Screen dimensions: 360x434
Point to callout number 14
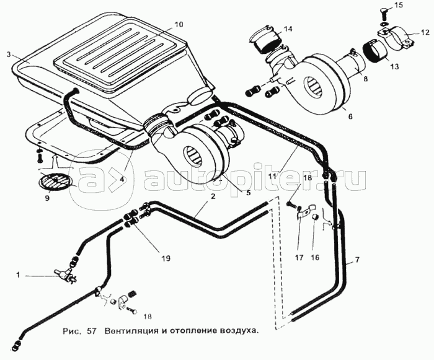[x=288, y=29]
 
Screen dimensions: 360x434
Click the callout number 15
[x=416, y=6]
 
